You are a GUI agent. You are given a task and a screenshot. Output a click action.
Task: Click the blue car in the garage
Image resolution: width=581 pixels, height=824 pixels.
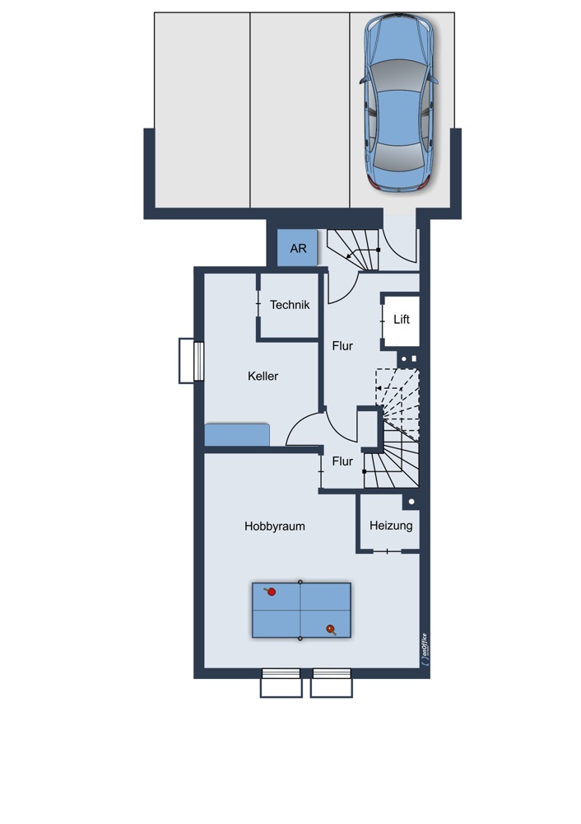pyautogui.click(x=399, y=102)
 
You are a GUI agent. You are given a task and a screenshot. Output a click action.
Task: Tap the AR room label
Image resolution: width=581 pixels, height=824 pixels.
pyautogui.click(x=298, y=248)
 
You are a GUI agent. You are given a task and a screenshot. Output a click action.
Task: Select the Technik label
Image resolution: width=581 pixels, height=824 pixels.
pyautogui.click(x=290, y=305)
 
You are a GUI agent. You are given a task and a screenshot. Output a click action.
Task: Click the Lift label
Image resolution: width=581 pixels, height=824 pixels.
pyautogui.click(x=402, y=320)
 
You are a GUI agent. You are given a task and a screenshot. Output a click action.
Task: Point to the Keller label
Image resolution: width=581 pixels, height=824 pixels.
pyautogui.click(x=263, y=377)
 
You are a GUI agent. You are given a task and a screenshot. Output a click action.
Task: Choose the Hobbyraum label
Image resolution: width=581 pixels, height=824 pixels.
pyautogui.click(x=275, y=527)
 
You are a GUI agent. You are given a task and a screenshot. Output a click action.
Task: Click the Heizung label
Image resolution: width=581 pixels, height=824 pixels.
pyautogui.click(x=391, y=526)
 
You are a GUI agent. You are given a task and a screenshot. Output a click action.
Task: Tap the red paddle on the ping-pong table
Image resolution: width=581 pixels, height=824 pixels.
pyautogui.click(x=271, y=592)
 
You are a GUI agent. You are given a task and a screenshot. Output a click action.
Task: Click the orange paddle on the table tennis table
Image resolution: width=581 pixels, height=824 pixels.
pyautogui.click(x=331, y=629)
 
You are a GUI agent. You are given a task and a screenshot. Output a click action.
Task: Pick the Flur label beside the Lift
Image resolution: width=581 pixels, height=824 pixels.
pyautogui.click(x=342, y=346)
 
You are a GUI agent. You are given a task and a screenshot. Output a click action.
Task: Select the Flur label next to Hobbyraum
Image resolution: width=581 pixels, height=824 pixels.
pyautogui.click(x=342, y=461)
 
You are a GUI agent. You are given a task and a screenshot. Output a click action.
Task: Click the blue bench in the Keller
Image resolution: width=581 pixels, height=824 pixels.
pyautogui.click(x=237, y=435)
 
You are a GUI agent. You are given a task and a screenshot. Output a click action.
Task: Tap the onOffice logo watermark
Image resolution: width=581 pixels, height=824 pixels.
pyautogui.click(x=425, y=649)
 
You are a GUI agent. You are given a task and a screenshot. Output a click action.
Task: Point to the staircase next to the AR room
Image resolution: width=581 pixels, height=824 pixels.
pyautogui.click(x=353, y=250)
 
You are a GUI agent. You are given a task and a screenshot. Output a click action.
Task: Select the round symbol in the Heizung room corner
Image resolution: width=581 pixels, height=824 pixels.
pyautogui.click(x=411, y=502)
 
